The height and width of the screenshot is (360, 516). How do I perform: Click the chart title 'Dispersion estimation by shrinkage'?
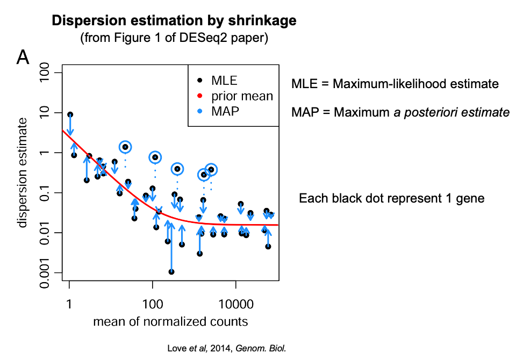[x=174, y=21]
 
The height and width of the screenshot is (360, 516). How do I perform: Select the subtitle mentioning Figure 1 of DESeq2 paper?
[x=174, y=39]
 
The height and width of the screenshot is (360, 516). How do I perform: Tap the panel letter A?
[x=23, y=57]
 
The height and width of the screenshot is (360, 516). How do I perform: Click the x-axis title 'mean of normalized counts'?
[x=170, y=322]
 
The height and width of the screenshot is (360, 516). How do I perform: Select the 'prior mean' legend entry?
[x=242, y=96]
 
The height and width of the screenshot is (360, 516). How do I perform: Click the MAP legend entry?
[x=225, y=111]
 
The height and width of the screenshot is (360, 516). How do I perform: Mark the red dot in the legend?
[x=200, y=96]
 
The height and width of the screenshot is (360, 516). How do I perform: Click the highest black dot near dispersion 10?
[x=70, y=114]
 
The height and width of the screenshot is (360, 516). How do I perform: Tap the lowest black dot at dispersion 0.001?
[x=171, y=272]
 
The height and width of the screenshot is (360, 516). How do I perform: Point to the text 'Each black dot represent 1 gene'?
[x=391, y=198]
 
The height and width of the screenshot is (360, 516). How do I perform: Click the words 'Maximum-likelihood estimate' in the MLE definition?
[x=415, y=84]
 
